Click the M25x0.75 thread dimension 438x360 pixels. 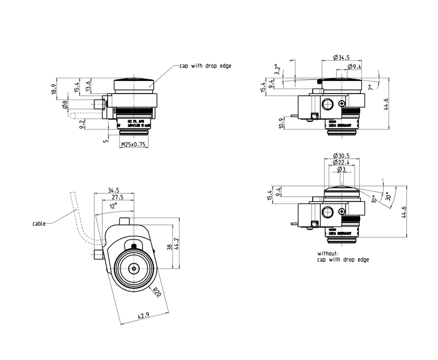(x=134, y=144)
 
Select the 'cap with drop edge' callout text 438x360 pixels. (x=206, y=66)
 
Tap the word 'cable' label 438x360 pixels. (x=39, y=223)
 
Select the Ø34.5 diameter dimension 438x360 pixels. (x=341, y=57)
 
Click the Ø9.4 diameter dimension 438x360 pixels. (x=354, y=67)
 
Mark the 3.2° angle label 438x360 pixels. (x=278, y=69)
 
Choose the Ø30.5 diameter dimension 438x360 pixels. (x=341, y=155)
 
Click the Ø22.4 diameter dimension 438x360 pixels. (x=341, y=162)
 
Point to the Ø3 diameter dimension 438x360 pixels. (x=341, y=169)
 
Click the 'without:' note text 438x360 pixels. (x=327, y=254)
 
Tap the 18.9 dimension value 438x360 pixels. (x=53, y=90)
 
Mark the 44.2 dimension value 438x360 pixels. (x=176, y=241)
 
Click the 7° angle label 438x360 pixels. (x=371, y=88)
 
